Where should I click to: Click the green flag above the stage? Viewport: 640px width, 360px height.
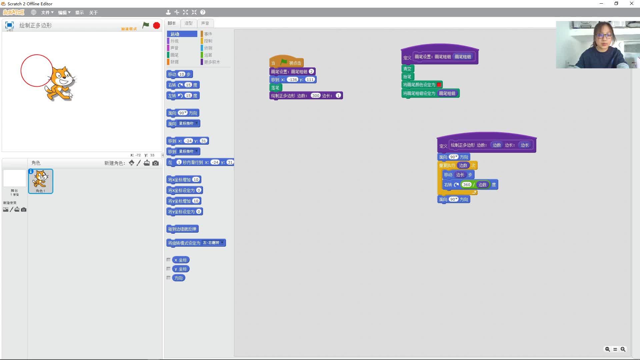(146, 25)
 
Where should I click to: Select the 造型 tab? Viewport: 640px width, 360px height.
(188, 23)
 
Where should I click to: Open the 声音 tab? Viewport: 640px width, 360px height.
(205, 23)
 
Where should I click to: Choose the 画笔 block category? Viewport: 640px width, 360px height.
(174, 55)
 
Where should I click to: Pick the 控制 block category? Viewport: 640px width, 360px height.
(208, 41)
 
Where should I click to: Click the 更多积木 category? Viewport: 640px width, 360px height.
(212, 62)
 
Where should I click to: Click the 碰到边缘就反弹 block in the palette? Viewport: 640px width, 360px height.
(182, 229)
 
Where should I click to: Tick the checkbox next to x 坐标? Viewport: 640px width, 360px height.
(169, 260)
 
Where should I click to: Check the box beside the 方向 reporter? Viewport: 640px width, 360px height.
(169, 278)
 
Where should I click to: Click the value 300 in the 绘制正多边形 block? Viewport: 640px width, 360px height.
(315, 96)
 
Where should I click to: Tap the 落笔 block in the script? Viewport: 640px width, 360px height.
(275, 88)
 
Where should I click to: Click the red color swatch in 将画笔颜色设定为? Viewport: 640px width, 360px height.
(439, 85)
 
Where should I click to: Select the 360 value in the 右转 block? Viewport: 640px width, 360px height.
(466, 185)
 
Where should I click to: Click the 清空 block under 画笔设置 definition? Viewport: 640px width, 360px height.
(407, 69)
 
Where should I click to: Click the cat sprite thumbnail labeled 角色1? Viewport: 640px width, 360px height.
(41, 181)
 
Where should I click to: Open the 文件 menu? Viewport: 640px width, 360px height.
(47, 13)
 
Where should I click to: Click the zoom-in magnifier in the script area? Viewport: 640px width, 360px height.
(623, 349)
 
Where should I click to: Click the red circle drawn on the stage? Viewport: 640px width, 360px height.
(21, 71)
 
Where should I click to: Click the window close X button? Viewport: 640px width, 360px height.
(631, 4)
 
